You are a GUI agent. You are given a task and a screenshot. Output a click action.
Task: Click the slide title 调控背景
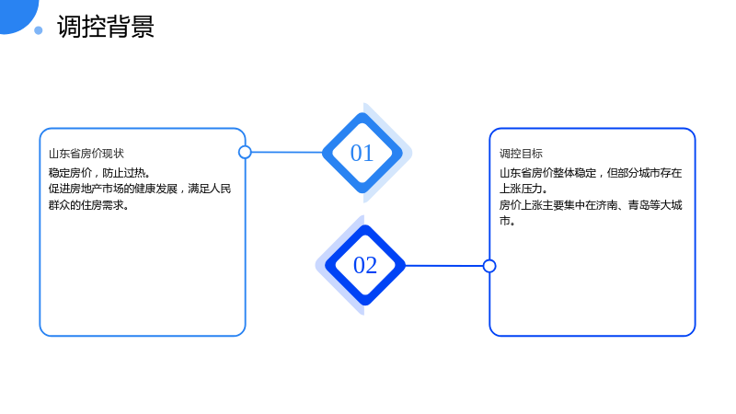pyautogui.click(x=106, y=27)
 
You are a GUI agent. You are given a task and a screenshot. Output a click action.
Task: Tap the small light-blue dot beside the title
pyautogui.click(x=39, y=30)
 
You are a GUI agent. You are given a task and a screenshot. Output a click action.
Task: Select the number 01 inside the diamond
pyautogui.click(x=362, y=153)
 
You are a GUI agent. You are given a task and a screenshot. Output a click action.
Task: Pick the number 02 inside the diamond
pyautogui.click(x=365, y=265)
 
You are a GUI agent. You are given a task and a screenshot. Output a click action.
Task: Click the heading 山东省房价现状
pyautogui.click(x=86, y=154)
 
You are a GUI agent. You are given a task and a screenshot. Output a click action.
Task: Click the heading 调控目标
pyautogui.click(x=521, y=154)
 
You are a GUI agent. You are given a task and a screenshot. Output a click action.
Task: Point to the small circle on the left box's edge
pyautogui.click(x=245, y=152)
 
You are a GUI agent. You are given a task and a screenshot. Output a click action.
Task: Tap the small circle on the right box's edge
pyautogui.click(x=489, y=266)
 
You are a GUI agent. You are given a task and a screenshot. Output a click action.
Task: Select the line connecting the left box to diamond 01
pyautogui.click(x=287, y=152)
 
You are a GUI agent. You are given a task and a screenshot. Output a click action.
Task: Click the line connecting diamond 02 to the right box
pyautogui.click(x=443, y=266)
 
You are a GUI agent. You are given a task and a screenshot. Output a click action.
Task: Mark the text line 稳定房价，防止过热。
pyautogui.click(x=99, y=173)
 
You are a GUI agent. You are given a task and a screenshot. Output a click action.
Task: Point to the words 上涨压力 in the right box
pyautogui.click(x=521, y=189)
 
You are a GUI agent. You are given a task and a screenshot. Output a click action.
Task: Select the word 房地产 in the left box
pyautogui.click(x=86, y=189)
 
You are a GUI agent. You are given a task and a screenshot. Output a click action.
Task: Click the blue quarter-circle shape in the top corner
pyautogui.click(x=17, y=14)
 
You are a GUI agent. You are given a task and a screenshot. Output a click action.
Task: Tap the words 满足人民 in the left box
pyautogui.click(x=210, y=189)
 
